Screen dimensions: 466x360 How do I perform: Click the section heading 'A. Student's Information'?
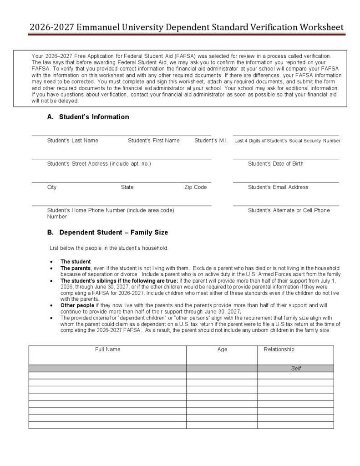tap(88, 117)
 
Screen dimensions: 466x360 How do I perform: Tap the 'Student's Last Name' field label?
tap(72, 141)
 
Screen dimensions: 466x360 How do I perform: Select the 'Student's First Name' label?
tap(153, 141)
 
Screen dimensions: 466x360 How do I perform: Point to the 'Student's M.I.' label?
tap(211, 141)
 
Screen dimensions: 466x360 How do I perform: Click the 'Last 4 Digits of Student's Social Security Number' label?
tap(287, 141)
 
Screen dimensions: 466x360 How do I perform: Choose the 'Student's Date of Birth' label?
tap(275, 164)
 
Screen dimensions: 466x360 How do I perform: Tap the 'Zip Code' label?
tap(195, 187)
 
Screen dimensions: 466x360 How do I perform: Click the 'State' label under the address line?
tap(127, 187)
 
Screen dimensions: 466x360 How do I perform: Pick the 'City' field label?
tap(52, 187)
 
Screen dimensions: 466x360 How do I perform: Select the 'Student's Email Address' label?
tap(278, 187)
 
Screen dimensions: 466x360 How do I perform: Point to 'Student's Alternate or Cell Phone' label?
tap(289, 210)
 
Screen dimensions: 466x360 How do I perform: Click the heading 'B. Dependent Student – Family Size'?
tap(107, 233)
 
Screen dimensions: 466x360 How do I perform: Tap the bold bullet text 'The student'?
tap(76, 262)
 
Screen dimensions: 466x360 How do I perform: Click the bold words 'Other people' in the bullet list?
tap(77, 305)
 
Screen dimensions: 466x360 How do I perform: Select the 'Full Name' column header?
tap(108, 349)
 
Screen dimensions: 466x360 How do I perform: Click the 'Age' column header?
tap(222, 349)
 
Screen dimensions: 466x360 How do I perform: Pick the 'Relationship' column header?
tap(279, 349)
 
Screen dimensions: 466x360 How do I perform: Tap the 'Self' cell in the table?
tap(296, 369)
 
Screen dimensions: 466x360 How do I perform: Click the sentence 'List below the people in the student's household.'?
tap(109, 248)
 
